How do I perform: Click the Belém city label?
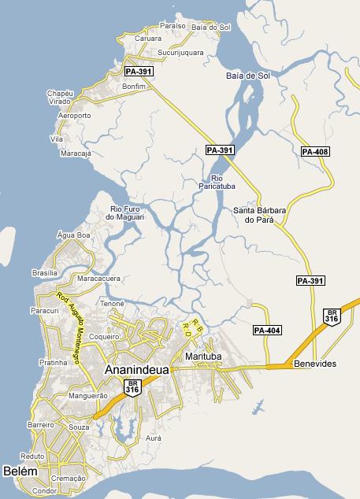click(20, 471)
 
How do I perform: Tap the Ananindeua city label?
click(135, 368)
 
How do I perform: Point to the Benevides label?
click(315, 364)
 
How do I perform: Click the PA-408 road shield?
click(315, 151)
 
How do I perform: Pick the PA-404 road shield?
click(267, 331)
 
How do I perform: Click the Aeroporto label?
click(75, 116)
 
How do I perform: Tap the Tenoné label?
click(113, 303)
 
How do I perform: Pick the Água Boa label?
click(75, 235)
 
